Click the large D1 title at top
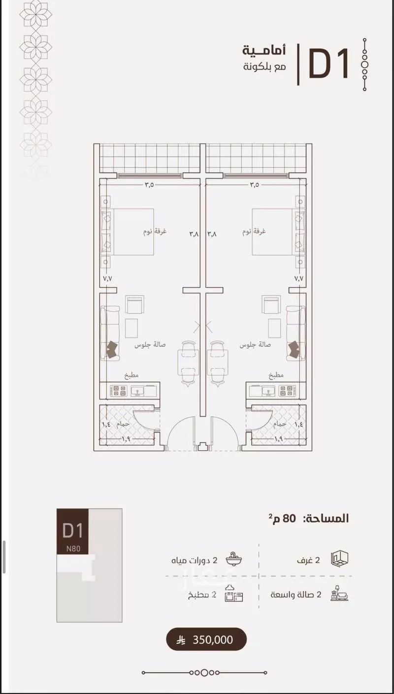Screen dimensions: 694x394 point(328,64)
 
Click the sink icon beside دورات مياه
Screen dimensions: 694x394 point(233,560)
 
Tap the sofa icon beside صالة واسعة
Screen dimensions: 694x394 point(340,594)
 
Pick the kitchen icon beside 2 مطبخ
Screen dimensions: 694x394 point(233,595)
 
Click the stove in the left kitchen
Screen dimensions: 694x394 point(120,391)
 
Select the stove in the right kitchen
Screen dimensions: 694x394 point(286,391)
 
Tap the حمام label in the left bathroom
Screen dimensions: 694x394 point(123,424)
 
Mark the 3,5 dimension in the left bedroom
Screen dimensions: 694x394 point(149,185)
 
